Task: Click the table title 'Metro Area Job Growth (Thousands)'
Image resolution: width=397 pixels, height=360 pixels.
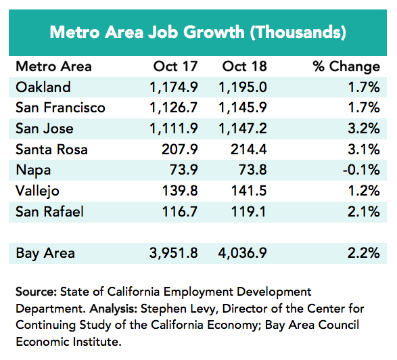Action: click(x=197, y=32)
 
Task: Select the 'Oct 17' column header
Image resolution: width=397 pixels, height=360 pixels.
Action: click(x=175, y=66)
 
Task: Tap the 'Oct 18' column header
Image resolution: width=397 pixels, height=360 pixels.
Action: click(x=244, y=66)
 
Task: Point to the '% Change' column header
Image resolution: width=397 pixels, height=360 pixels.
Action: click(x=346, y=66)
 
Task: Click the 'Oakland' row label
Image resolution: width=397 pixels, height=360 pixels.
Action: click(x=43, y=87)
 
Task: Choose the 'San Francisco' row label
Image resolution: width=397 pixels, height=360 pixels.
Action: click(x=60, y=108)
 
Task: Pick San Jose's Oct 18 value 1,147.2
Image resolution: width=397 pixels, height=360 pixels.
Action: click(x=242, y=129)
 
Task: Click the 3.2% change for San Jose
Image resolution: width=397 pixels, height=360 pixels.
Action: click(x=364, y=128)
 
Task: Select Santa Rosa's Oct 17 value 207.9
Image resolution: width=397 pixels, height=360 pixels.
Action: click(x=179, y=150)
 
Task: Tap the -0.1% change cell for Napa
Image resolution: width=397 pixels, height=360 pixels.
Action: click(x=361, y=170)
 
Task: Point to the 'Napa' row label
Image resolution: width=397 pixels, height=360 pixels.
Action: click(x=33, y=171)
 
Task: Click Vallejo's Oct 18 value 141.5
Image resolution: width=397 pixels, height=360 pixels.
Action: click(x=249, y=191)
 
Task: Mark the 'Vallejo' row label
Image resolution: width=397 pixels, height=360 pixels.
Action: click(x=37, y=191)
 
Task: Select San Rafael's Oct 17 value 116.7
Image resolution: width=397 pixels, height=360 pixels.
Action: click(x=179, y=212)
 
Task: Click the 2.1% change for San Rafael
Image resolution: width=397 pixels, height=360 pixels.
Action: click(x=364, y=212)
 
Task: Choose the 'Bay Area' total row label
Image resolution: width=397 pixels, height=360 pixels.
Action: click(x=45, y=253)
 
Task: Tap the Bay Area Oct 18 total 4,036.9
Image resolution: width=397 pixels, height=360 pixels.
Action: click(x=242, y=253)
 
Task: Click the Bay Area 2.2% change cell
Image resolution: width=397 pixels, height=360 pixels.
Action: click(x=364, y=253)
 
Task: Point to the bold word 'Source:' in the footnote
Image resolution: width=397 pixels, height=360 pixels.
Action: click(x=37, y=292)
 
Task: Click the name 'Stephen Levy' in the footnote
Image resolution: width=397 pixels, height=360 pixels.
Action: click(x=178, y=309)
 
